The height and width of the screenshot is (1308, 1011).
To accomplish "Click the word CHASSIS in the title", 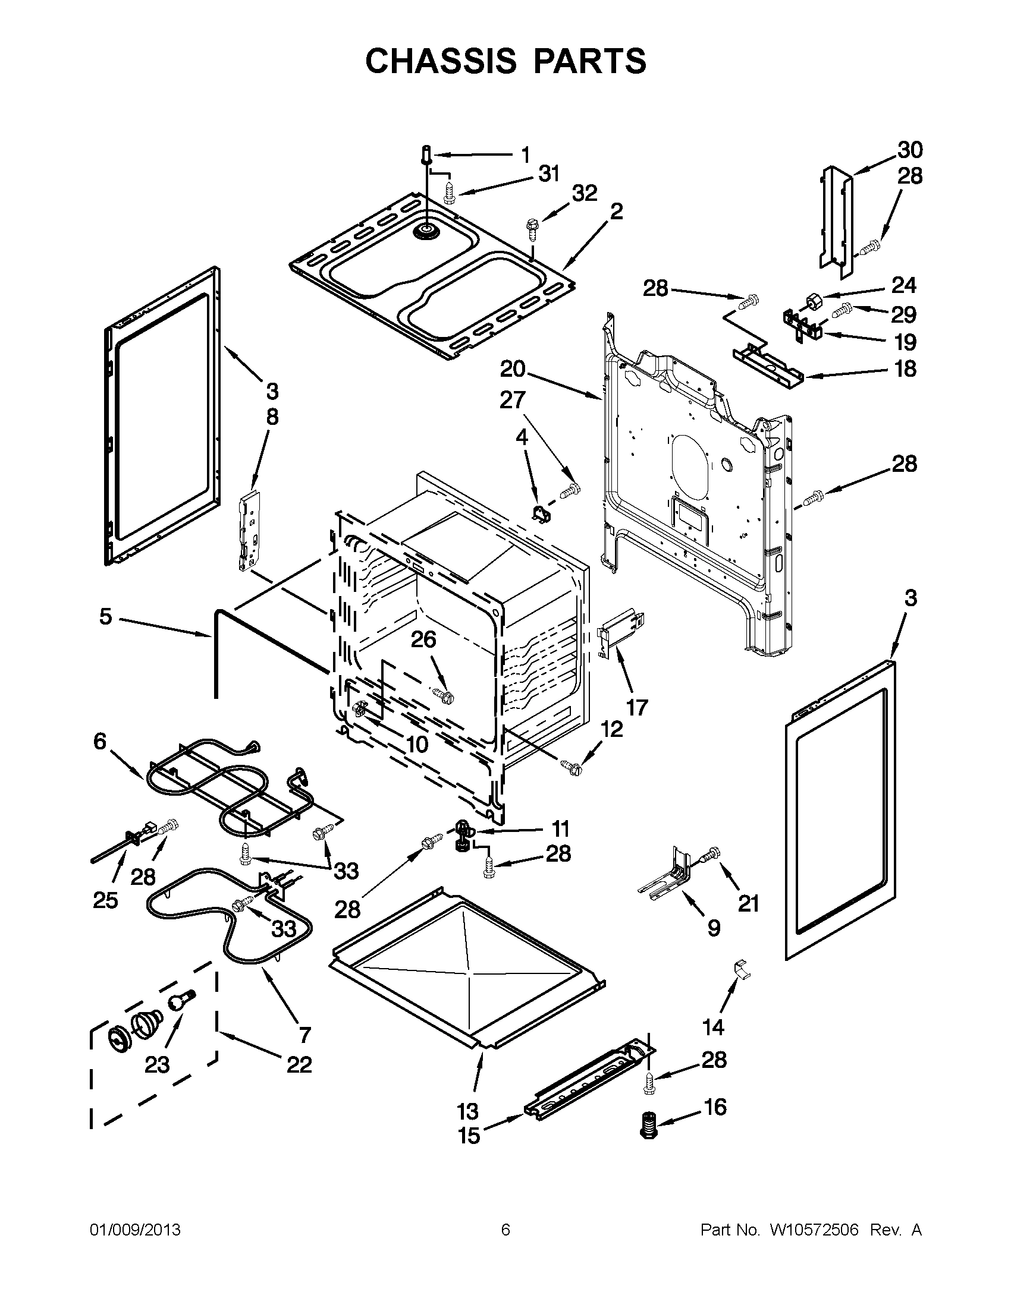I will click(441, 61).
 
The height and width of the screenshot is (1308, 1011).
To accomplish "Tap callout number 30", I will click(909, 150).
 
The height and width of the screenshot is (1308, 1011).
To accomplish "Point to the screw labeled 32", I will click(532, 226).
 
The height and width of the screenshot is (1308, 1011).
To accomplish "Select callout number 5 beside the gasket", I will click(105, 616).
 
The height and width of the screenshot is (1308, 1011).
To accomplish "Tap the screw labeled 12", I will click(570, 765).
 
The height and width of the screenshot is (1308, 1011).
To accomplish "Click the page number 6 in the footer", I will click(505, 1230).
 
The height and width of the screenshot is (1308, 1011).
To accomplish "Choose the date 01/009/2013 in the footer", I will click(135, 1230).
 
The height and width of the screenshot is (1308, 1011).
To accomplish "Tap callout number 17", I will click(637, 707).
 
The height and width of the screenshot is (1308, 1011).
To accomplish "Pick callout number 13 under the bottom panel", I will click(467, 1111).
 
